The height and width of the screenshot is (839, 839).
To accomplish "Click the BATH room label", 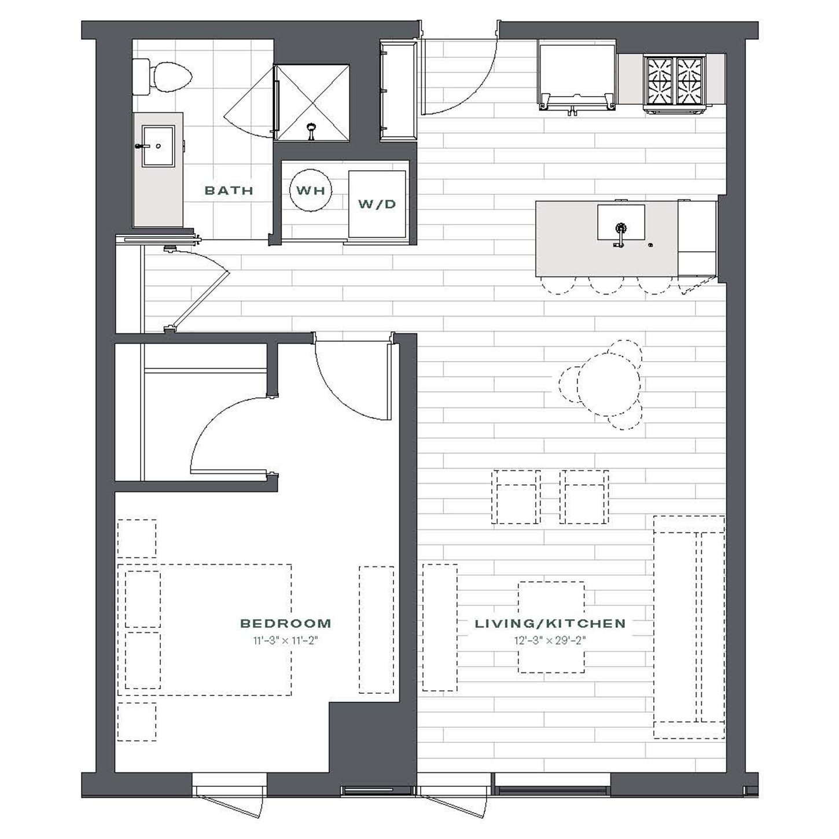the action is coord(229,190).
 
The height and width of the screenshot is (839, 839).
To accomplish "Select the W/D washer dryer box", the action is coord(377,204).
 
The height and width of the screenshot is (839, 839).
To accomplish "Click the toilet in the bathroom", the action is coord(163,77).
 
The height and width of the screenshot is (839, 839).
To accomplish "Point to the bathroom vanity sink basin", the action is coord(159,146).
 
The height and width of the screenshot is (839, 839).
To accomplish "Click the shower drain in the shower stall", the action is coord(311,131).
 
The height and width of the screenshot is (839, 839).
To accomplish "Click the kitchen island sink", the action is coord(621,223).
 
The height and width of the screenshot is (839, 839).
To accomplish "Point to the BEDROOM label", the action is coord(286,623).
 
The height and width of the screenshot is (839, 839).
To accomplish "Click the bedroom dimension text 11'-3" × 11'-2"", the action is coord(284,641).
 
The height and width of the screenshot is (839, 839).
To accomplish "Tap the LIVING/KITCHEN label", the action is coord(550,623).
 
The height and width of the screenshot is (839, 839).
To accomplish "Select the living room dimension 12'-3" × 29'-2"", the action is coord(550,641).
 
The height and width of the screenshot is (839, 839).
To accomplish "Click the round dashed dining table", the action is coord(608,384).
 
